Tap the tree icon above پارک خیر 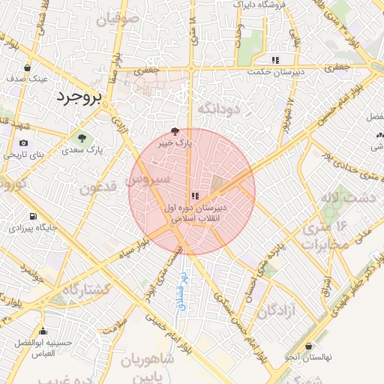175,130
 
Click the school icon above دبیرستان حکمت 276,58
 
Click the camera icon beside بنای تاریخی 24,142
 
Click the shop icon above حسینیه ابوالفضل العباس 43,331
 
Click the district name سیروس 148,181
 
